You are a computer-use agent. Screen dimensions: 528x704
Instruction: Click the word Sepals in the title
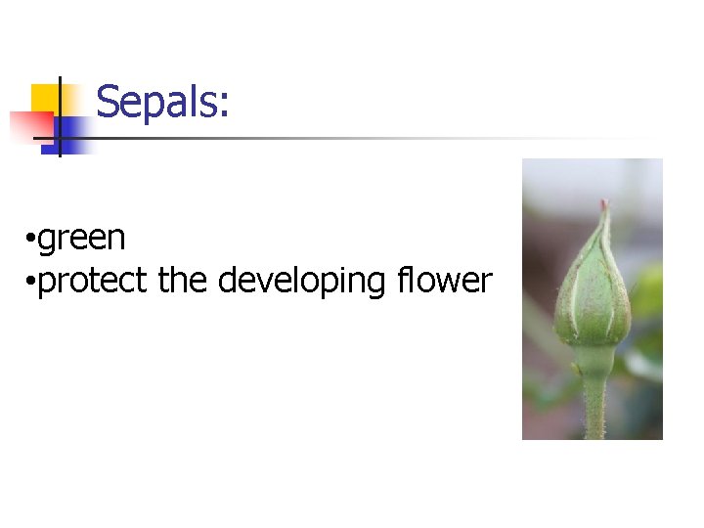(156, 101)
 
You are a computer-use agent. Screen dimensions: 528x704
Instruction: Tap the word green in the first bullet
(82, 238)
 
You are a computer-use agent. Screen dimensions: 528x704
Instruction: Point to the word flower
(444, 281)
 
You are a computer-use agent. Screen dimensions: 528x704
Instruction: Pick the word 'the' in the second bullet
(181, 281)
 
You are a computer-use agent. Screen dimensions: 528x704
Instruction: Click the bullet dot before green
(32, 240)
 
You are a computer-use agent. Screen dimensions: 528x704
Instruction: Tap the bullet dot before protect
(32, 283)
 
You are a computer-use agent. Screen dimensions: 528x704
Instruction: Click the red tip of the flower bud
(603, 206)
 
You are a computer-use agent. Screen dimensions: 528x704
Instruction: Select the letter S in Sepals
(108, 101)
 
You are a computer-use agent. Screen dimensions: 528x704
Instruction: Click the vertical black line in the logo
(60, 117)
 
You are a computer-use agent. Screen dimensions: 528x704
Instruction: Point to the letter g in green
(48, 240)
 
